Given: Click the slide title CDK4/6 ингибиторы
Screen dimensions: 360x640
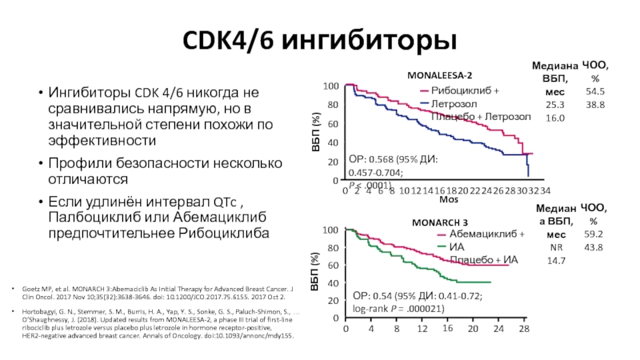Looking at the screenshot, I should pos(319,39).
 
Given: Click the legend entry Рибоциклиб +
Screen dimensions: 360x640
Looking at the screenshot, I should pos(464,90).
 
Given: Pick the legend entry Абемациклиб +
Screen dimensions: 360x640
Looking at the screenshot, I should pos(475,234).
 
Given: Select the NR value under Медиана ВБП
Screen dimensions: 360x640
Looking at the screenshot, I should pos(555,247).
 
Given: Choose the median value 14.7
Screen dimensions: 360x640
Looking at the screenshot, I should pos(555,261).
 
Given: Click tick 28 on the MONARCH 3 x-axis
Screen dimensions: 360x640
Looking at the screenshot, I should pos(523,329).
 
